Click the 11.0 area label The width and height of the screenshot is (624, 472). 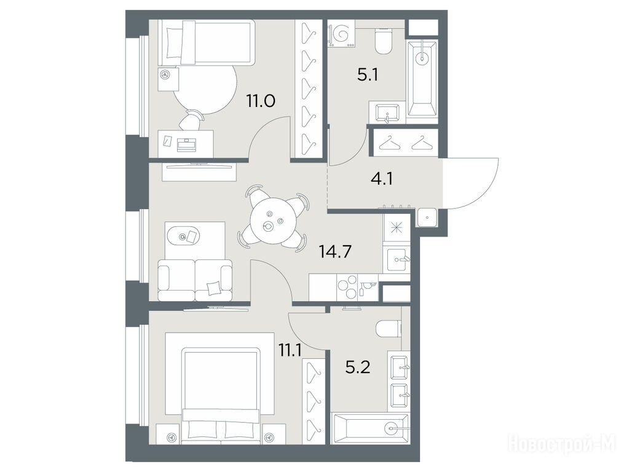pos(261,101)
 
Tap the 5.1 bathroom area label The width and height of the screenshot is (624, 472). pos(367,74)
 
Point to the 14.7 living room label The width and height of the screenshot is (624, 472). pos(336,251)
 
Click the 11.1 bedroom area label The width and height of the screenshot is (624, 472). pos(290,351)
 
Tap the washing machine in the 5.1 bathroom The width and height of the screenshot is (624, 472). pos(341,36)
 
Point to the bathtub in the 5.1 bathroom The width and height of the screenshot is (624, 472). pos(422,78)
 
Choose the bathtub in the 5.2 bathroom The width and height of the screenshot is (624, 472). pos(371,429)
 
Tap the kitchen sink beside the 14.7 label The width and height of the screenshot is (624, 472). pos(397,260)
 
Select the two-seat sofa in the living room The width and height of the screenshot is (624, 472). pos(195,280)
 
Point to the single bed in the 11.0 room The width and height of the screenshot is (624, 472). pos(206,43)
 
